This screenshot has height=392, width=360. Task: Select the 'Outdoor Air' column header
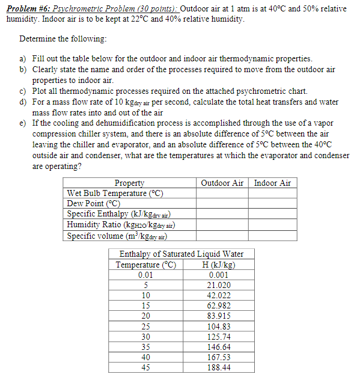coord(222,183)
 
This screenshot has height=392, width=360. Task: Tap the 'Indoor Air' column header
coord(272,183)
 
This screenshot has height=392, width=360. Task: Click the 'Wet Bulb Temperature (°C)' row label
coord(115,193)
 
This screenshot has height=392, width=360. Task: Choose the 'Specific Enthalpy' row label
coord(120,214)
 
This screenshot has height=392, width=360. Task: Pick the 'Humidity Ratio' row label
coord(121,225)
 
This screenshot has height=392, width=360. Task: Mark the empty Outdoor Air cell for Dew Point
coord(222,203)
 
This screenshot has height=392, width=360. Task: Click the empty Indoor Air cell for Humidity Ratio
coord(272,225)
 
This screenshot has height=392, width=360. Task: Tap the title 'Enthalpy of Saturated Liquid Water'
coord(182,254)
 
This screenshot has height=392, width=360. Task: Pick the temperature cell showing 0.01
coord(146,275)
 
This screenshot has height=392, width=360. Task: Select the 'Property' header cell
coord(129,183)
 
